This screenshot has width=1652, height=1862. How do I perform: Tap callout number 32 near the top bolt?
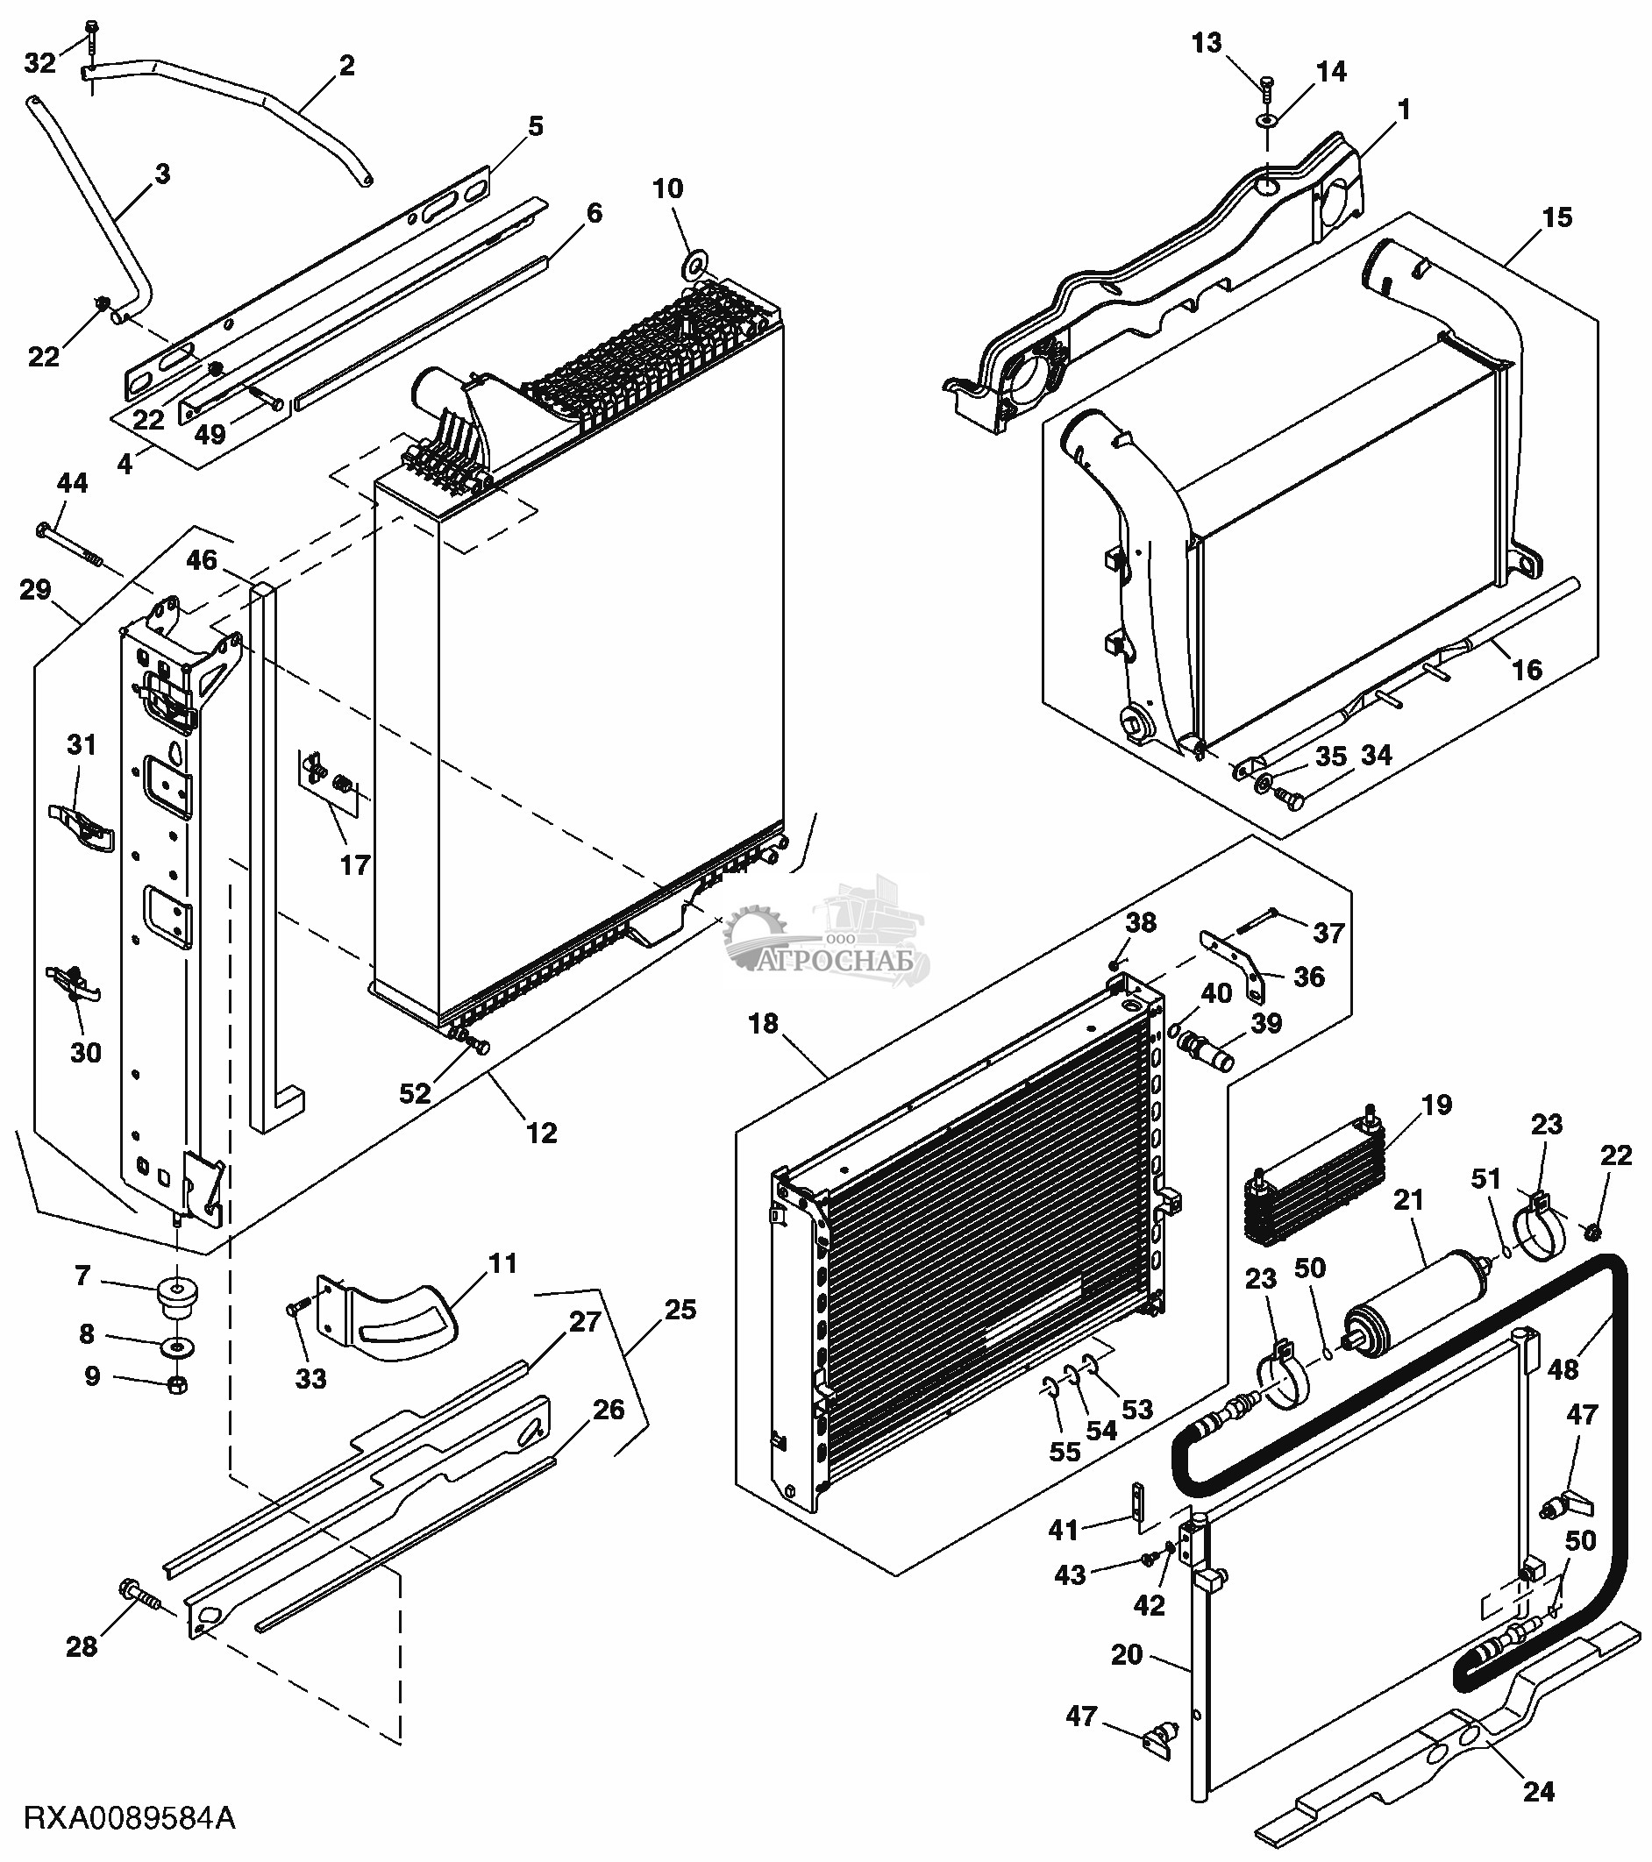pyautogui.click(x=39, y=63)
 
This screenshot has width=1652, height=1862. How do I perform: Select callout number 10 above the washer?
pyautogui.click(x=667, y=188)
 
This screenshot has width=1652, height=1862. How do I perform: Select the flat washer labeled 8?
pyautogui.click(x=178, y=1346)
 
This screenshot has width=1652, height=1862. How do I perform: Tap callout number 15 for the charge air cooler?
pyautogui.click(x=1556, y=217)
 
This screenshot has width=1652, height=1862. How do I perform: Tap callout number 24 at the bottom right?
pyautogui.click(x=1538, y=1792)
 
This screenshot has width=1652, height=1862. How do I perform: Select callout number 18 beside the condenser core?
pyautogui.click(x=763, y=1023)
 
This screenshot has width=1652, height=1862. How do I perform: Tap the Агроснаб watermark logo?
pyautogui.click(x=824, y=938)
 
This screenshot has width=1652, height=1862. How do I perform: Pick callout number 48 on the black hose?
pyautogui.click(x=1562, y=1368)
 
